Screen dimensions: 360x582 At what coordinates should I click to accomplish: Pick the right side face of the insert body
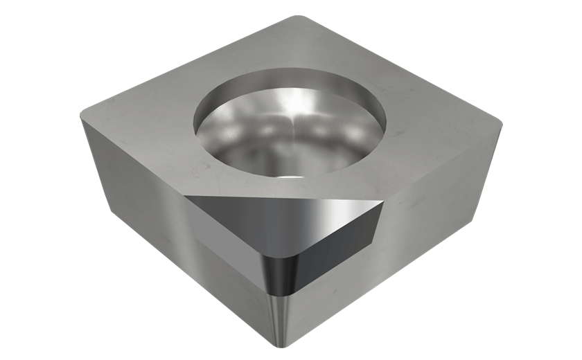click(x=430, y=222)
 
